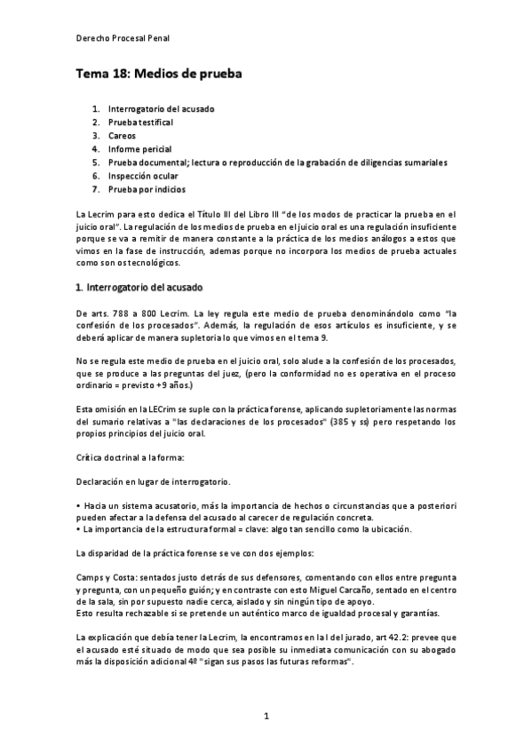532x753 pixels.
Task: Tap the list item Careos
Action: [x=122, y=136]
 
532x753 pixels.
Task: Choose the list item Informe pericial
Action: [x=139, y=149]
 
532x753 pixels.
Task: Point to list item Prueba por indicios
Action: [x=147, y=189]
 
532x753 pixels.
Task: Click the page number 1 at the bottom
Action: [x=266, y=715]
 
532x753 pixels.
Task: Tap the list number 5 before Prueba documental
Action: [x=95, y=162]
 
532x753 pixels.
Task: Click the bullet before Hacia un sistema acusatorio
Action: [x=79, y=505]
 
